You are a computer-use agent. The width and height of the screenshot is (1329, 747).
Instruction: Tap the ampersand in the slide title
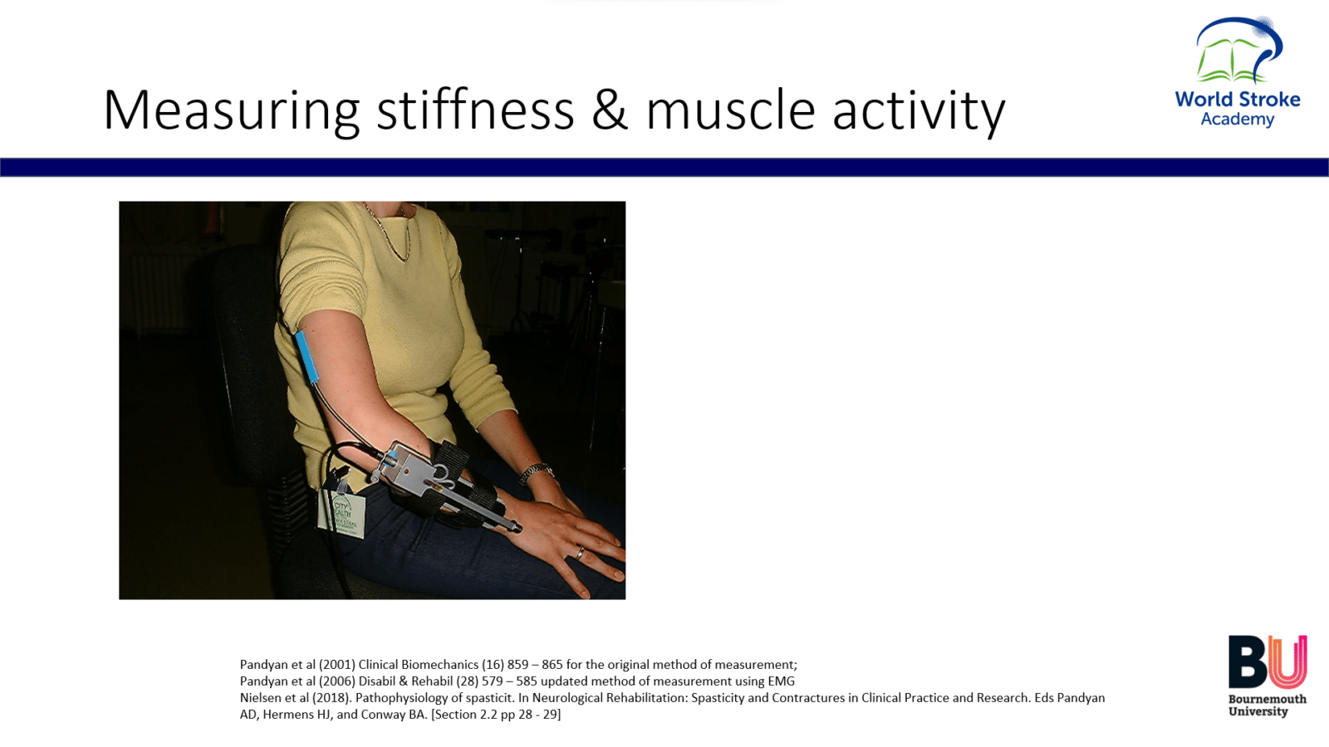click(x=610, y=110)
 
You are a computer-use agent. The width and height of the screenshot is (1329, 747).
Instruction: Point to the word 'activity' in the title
click(x=919, y=113)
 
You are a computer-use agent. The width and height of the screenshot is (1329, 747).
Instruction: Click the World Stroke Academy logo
click(x=1238, y=71)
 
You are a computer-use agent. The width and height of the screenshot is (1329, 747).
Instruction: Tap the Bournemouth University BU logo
click(x=1268, y=676)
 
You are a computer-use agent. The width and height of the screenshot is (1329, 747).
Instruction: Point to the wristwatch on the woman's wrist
click(x=536, y=472)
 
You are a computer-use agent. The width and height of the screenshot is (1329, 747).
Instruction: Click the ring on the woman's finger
click(x=580, y=553)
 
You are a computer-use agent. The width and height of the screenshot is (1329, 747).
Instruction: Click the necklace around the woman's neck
click(x=389, y=232)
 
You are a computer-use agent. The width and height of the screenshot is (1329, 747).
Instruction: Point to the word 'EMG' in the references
click(x=781, y=681)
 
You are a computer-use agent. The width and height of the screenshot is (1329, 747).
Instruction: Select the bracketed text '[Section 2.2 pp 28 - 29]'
click(x=495, y=715)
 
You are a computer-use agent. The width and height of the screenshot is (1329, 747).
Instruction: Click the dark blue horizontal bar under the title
click(x=664, y=167)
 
